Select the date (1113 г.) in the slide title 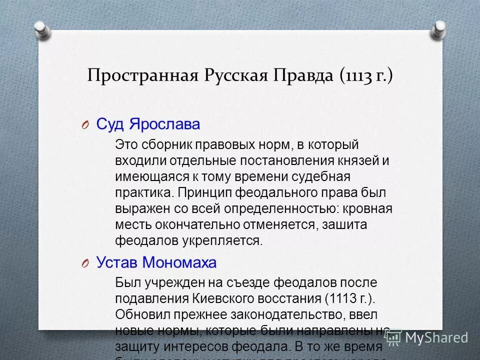(366, 75)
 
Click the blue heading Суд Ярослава (147, 124)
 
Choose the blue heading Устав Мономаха (156, 262)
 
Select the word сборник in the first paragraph (166, 145)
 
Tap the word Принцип (202, 193)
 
